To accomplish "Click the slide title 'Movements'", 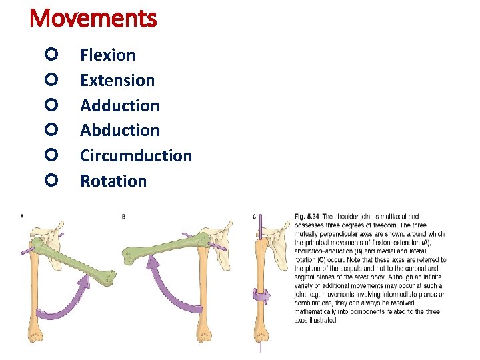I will click(x=93, y=18).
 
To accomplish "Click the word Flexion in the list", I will click(x=107, y=55).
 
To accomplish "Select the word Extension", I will click(x=117, y=81).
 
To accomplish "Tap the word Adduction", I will click(x=120, y=105).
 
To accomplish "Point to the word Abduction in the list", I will click(x=120, y=131).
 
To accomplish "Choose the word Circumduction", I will click(x=136, y=156).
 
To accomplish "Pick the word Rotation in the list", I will click(x=113, y=181).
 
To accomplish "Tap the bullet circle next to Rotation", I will click(x=53, y=179).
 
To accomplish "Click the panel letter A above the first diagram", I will click(x=23, y=216).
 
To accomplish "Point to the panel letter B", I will click(x=123, y=216).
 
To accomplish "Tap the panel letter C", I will click(x=255, y=216).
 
